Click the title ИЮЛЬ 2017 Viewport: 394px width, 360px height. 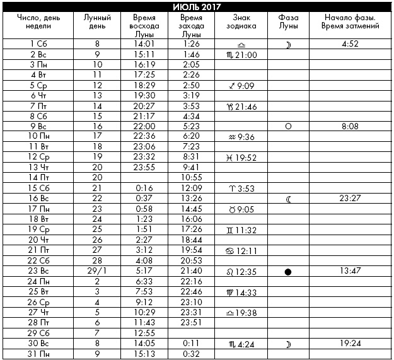[x=196, y=7]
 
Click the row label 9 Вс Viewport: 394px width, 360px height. [x=38, y=126]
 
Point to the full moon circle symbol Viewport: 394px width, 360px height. [x=288, y=126]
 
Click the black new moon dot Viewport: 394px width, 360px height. [x=288, y=272]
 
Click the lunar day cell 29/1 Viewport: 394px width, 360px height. [x=97, y=272]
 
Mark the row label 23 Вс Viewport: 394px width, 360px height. [x=38, y=272]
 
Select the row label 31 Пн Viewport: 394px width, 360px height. [x=38, y=354]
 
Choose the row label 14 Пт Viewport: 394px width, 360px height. [x=38, y=178]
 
